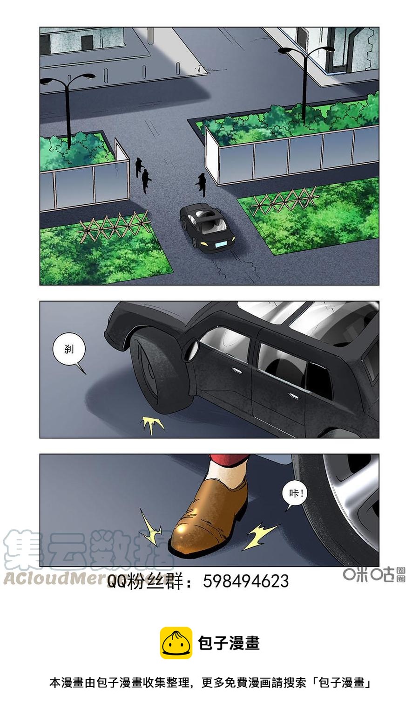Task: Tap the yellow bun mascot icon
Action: coord(176,643)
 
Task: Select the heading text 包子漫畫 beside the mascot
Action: coord(229,643)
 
